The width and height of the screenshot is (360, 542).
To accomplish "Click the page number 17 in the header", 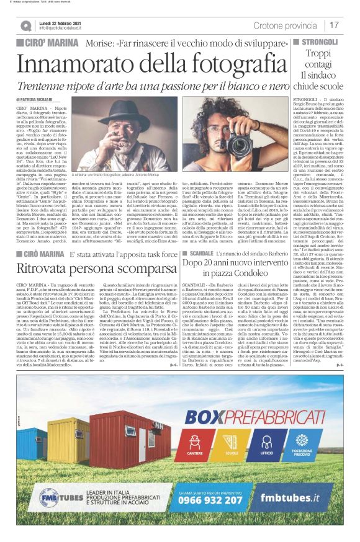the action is coord(335,25).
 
